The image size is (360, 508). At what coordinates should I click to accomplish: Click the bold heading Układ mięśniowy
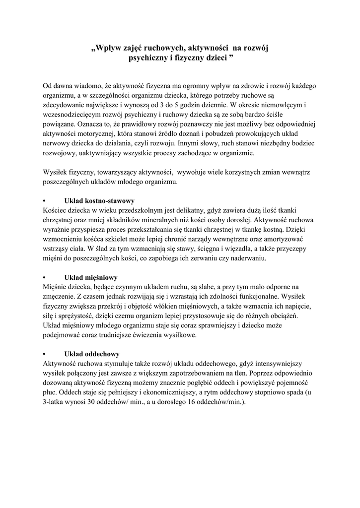tap(91, 277)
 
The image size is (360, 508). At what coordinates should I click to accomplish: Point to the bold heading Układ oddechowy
tap(92, 354)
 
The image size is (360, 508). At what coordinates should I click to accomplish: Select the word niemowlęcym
tap(284, 105)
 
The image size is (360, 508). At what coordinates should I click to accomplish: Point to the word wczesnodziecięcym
tap(73, 115)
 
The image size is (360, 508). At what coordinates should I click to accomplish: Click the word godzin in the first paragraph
tap(192, 105)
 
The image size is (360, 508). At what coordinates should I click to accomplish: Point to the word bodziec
tap(296, 144)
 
